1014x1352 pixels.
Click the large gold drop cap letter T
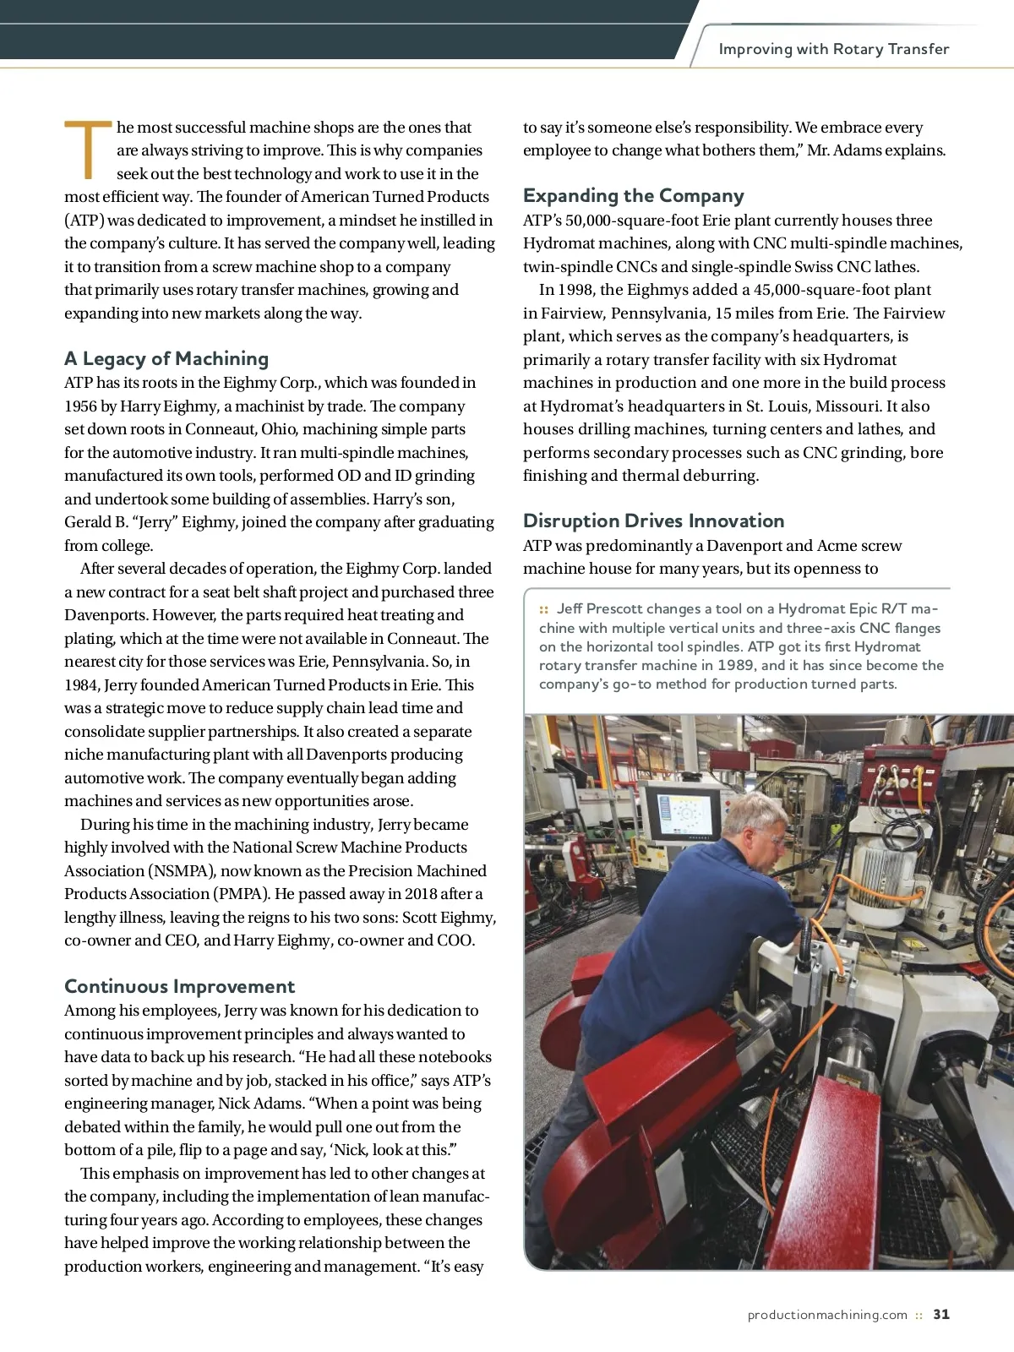pos(87,150)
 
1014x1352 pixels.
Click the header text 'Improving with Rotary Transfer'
pos(833,49)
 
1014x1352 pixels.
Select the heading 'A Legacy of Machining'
pos(166,358)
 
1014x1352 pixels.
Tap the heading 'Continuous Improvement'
pos(179,986)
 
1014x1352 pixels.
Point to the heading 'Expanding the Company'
pos(633,195)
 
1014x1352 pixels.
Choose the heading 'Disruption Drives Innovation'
pos(653,521)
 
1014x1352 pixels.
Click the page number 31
pos(941,1314)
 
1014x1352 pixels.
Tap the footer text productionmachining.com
pos(826,1315)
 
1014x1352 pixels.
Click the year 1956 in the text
pos(81,406)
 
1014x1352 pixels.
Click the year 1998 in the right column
pos(576,290)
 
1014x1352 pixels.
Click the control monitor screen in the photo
pos(684,814)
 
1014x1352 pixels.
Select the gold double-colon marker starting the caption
pos(544,609)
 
